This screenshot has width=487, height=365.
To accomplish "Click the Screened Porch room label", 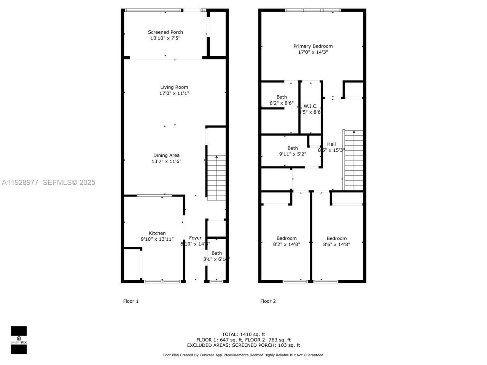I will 165,32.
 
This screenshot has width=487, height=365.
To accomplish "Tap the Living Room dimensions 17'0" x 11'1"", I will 174,93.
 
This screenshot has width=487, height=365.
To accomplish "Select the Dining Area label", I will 166,155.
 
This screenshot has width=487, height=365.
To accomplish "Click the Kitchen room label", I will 157,233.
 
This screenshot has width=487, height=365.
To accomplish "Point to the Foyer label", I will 195,238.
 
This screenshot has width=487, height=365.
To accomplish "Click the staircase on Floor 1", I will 216,178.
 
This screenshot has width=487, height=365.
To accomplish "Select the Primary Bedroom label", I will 313,46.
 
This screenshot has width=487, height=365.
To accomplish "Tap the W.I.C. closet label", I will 310,106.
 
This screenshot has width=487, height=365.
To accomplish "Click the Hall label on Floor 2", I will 331,144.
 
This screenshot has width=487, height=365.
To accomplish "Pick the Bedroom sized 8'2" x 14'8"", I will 286,238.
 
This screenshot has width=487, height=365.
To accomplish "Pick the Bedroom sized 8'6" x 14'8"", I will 336,238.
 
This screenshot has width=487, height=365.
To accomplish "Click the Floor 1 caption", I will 131,301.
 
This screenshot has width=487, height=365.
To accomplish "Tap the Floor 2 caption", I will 268,301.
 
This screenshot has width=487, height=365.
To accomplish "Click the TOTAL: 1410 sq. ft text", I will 243,334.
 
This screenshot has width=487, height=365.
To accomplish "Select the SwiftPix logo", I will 19,340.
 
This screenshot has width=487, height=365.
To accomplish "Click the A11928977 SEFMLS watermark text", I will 48,182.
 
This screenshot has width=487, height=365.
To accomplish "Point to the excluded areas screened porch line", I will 243,345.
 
